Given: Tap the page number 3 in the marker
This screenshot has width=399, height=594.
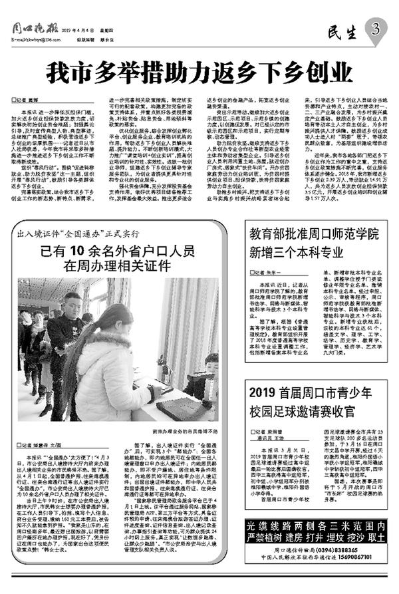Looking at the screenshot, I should (376, 29).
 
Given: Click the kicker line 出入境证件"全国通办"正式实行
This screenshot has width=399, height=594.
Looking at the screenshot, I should (79, 235).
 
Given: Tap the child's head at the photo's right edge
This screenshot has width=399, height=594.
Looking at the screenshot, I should (211, 363).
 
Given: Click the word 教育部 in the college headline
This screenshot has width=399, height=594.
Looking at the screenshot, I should (265, 233).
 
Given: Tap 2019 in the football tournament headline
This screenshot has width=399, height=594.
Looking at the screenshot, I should (265, 390).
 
